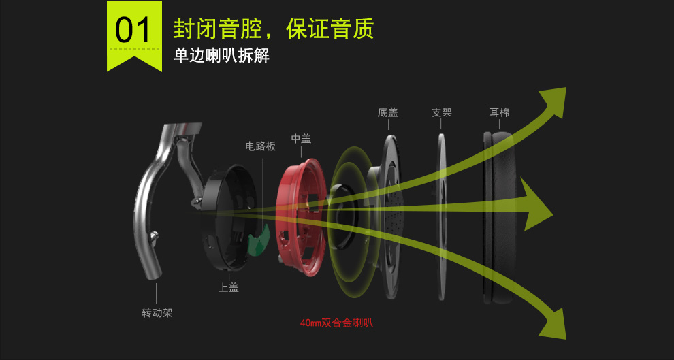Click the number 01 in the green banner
[134, 31]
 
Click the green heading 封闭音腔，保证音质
[274, 29]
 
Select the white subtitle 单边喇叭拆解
[221, 56]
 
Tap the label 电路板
[260, 146]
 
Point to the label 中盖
[301, 138]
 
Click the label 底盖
[388, 112]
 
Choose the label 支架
[442, 112]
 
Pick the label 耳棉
[500, 112]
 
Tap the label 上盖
[228, 287]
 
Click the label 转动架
[157, 313]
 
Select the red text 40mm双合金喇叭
[336, 323]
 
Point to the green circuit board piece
[257, 238]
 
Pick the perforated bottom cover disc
[392, 218]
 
